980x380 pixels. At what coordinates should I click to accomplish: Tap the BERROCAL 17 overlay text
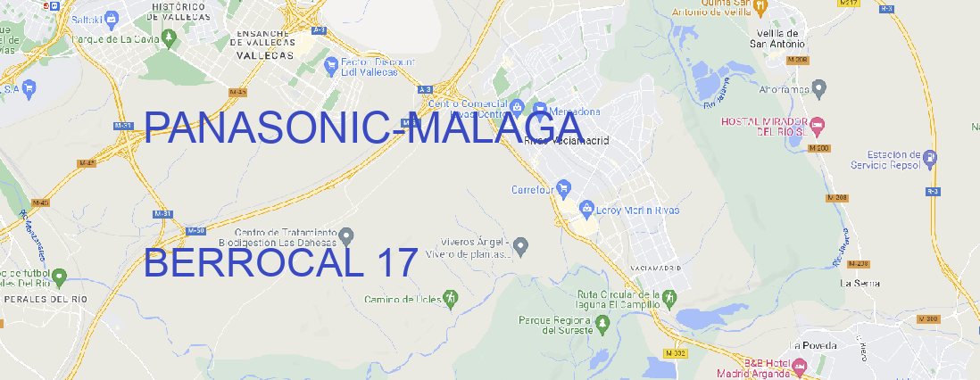tap(280, 263)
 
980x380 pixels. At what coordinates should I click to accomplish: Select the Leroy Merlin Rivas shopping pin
tap(586, 210)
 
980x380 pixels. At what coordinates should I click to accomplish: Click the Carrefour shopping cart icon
tap(564, 188)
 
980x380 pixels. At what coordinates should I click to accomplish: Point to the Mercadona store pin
tap(538, 111)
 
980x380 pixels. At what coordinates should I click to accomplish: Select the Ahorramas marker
tap(820, 88)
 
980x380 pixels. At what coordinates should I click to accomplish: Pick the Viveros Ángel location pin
tap(522, 244)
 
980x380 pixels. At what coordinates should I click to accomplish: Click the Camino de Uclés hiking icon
tap(451, 298)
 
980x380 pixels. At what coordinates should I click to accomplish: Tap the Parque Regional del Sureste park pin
tap(603, 325)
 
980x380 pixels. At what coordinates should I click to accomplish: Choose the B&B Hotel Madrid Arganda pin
tap(800, 366)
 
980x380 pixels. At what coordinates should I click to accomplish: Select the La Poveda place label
tap(812, 345)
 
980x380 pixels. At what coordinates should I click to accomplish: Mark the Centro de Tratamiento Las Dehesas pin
tap(346, 235)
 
